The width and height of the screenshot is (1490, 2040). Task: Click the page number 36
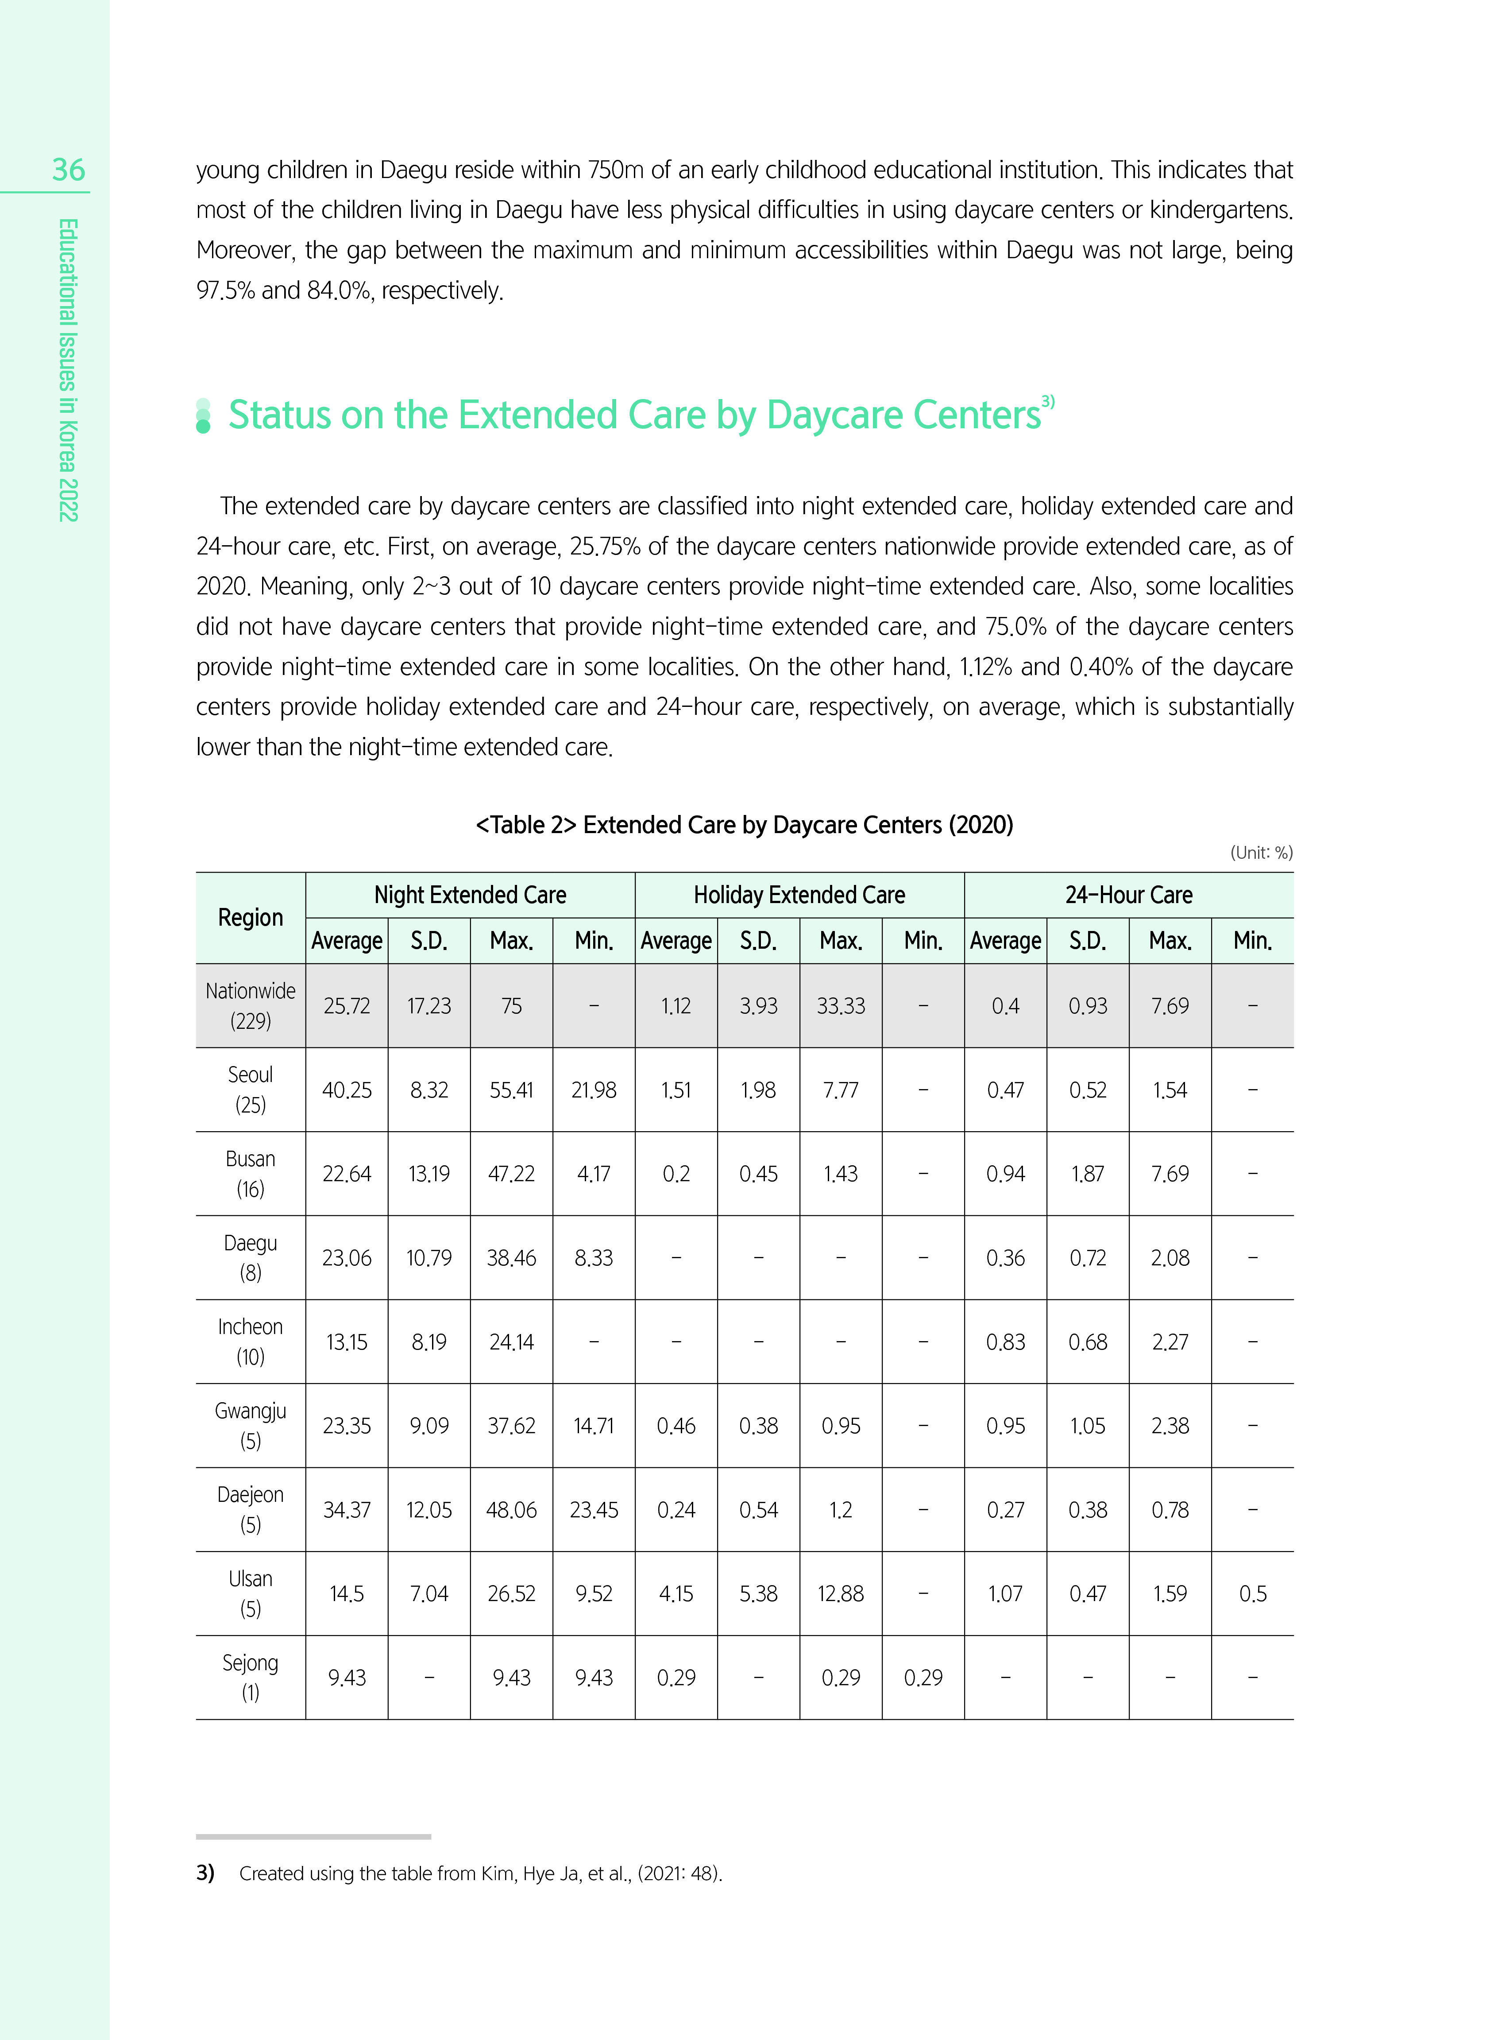(x=69, y=170)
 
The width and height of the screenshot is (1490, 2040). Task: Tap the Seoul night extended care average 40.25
(x=346, y=1090)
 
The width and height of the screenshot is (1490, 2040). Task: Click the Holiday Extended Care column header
(x=799, y=895)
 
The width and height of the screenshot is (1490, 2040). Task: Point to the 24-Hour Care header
(x=1128, y=895)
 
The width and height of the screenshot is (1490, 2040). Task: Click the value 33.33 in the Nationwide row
(x=841, y=1006)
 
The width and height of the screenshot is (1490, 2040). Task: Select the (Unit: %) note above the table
(x=1261, y=853)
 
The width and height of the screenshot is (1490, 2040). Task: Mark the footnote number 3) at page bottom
(x=206, y=1873)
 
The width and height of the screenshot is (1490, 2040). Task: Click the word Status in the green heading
(x=280, y=415)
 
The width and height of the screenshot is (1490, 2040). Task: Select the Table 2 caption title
(x=744, y=825)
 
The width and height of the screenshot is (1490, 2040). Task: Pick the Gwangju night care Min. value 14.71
(x=594, y=1426)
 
